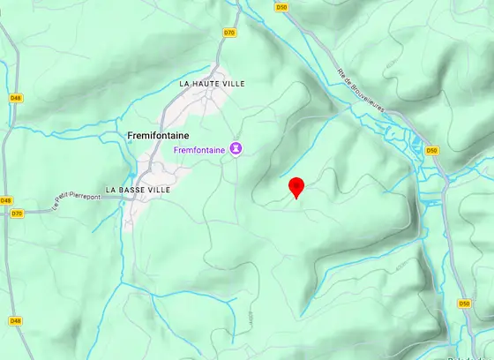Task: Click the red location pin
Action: coord(297,187)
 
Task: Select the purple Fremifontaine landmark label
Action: coord(200,150)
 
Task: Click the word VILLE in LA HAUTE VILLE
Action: coord(233,84)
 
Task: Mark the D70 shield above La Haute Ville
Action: coord(229,33)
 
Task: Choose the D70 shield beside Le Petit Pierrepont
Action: coord(17,213)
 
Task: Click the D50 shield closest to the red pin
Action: coord(431,151)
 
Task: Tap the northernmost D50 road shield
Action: coord(281,7)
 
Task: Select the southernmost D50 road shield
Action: coord(464,304)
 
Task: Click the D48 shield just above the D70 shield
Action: coord(6,200)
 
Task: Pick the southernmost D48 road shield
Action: coord(15,320)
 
